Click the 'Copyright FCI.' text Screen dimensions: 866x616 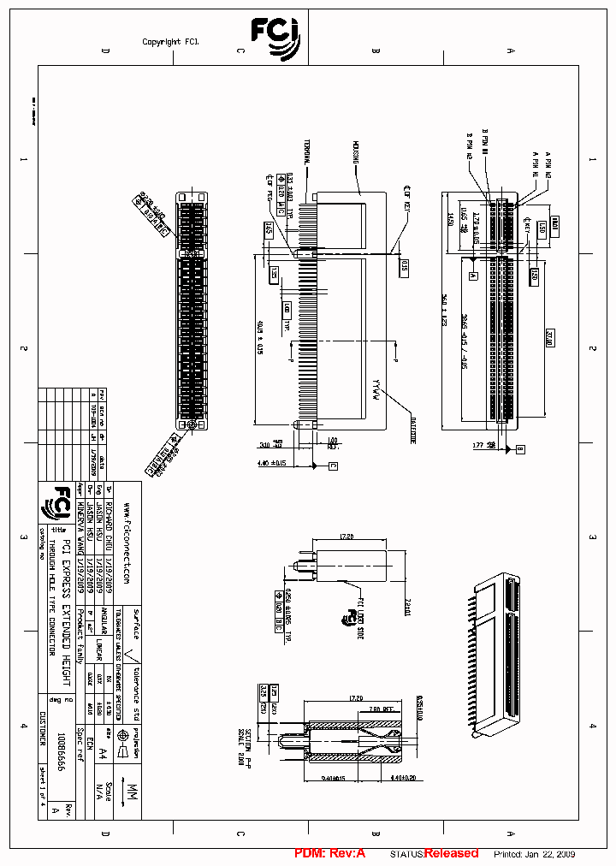[170, 42]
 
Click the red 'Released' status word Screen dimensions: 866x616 [451, 853]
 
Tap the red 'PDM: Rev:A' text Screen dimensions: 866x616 [329, 853]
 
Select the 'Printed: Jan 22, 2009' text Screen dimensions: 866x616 [534, 854]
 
